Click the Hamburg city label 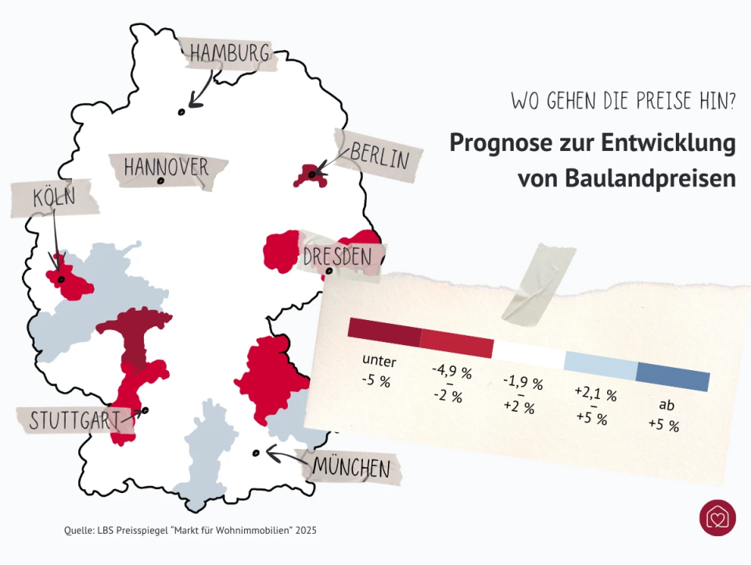point(229,53)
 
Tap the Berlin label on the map point(379,154)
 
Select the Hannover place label point(167,166)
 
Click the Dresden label point(337,256)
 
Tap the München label point(351,467)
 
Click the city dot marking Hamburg point(181,112)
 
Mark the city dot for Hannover point(160,181)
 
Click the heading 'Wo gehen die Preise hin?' point(623,101)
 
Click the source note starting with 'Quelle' point(190,531)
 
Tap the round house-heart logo point(717,518)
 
